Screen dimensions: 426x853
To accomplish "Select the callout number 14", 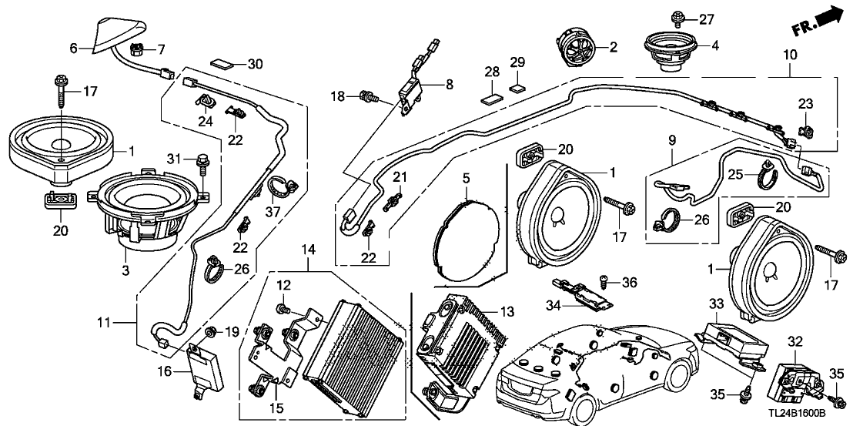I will pyautogui.click(x=309, y=250).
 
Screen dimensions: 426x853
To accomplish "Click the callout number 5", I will pyautogui.click(x=466, y=178).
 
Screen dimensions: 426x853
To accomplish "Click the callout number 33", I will pyautogui.click(x=718, y=304).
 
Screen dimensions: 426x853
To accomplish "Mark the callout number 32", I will pyautogui.click(x=795, y=339).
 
